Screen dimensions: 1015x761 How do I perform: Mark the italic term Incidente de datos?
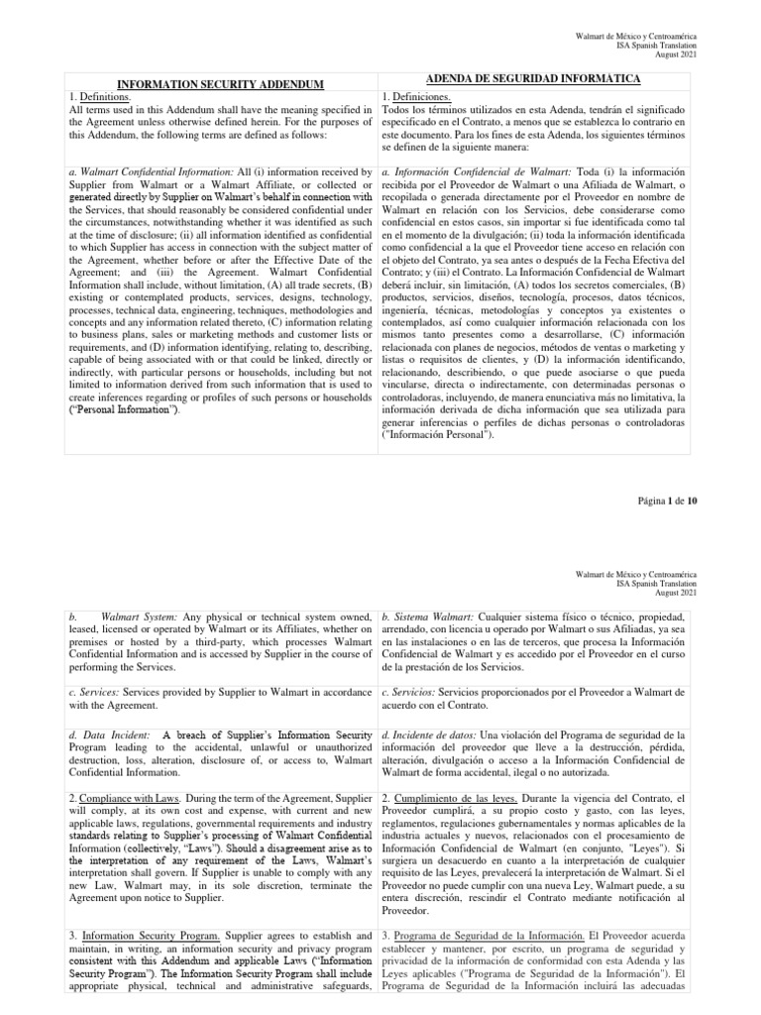tap(428, 733)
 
